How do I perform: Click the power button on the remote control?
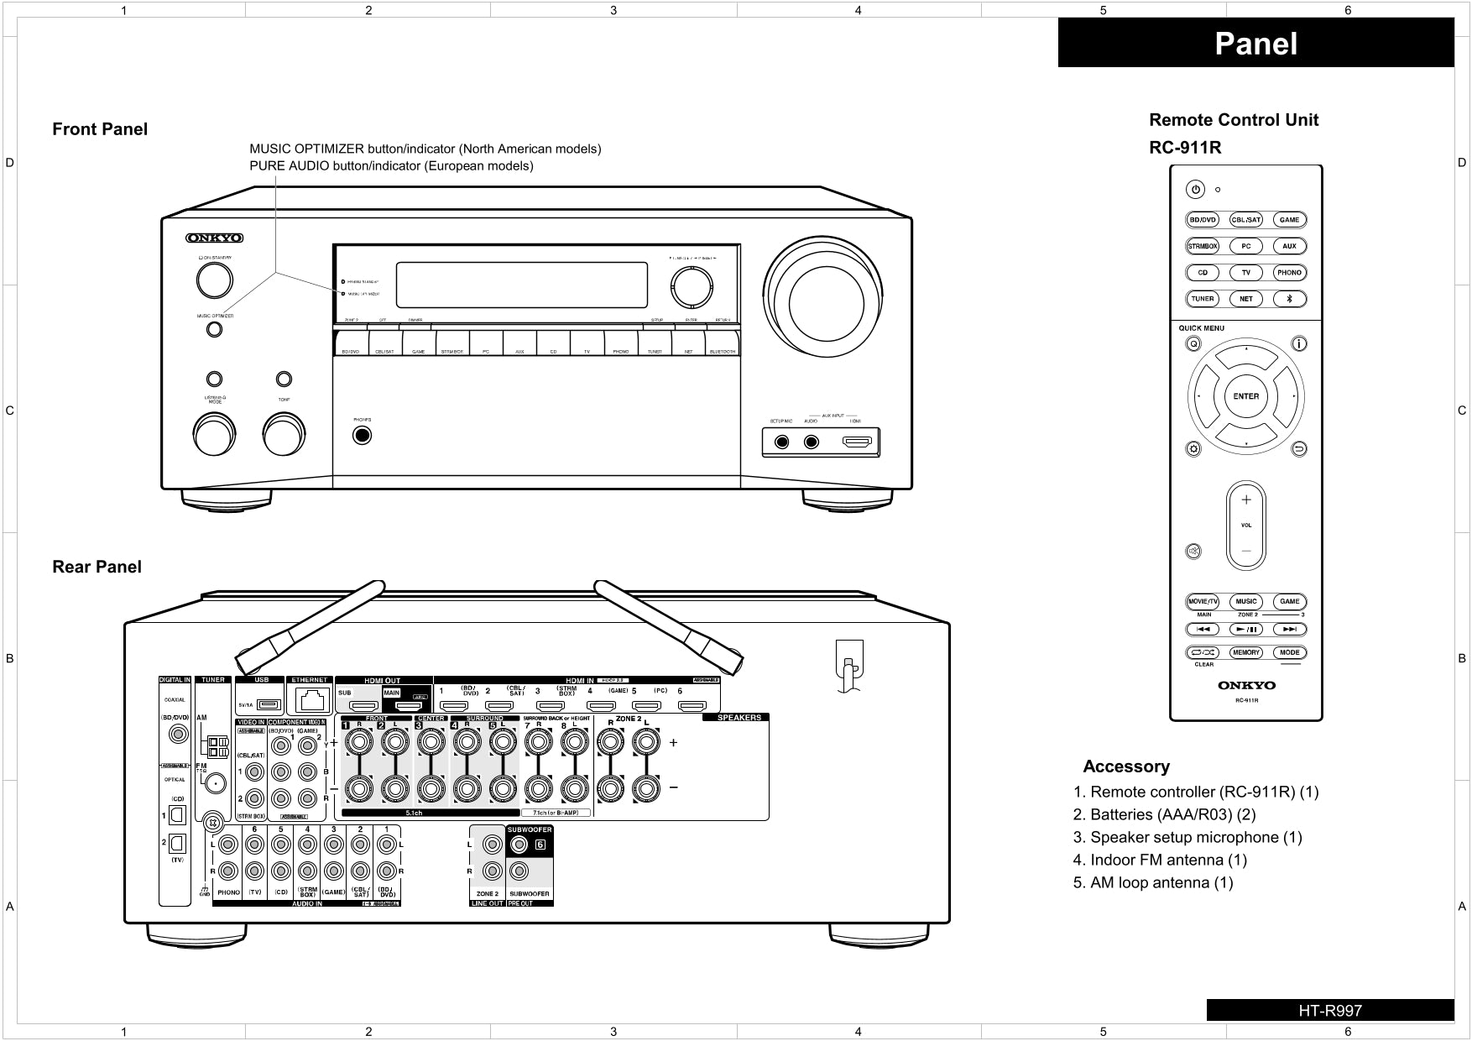pyautogui.click(x=1196, y=190)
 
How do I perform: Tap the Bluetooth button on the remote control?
pyautogui.click(x=1290, y=298)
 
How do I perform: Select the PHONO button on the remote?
pyautogui.click(x=1289, y=272)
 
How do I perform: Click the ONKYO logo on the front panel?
pyautogui.click(x=215, y=238)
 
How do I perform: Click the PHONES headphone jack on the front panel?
pyautogui.click(x=362, y=436)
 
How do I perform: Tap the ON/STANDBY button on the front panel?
pyautogui.click(x=214, y=280)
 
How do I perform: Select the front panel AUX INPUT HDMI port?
pyautogui.click(x=857, y=442)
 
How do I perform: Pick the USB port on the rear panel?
pyautogui.click(x=269, y=704)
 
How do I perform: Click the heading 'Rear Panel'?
pyautogui.click(x=97, y=567)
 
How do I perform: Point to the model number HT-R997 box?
pyautogui.click(x=1329, y=1010)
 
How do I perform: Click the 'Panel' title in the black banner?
pyautogui.click(x=1255, y=44)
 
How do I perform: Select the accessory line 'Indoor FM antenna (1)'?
pyautogui.click(x=1160, y=860)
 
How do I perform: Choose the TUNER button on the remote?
pyautogui.click(x=1202, y=298)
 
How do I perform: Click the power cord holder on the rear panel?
pyautogui.click(x=848, y=667)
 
